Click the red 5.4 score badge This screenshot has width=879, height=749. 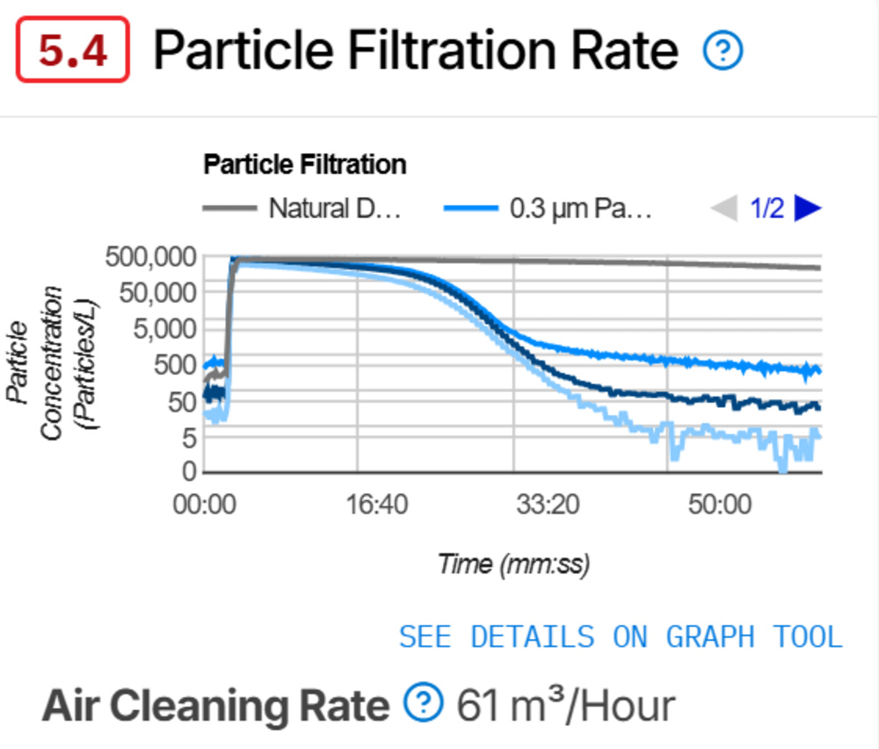(x=74, y=52)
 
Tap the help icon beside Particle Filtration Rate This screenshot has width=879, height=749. (x=723, y=53)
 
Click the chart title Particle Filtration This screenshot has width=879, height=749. (x=304, y=164)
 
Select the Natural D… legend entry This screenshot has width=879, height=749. (x=302, y=208)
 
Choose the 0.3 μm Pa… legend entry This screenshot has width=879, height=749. (x=548, y=209)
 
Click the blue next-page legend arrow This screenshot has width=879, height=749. (x=807, y=208)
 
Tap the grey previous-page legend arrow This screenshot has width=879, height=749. (x=723, y=208)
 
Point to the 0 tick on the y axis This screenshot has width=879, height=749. (x=187, y=472)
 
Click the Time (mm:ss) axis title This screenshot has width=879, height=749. (x=513, y=563)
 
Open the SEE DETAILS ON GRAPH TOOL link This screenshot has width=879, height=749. (x=621, y=636)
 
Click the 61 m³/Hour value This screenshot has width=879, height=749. (x=566, y=705)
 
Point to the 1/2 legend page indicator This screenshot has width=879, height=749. (x=766, y=209)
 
